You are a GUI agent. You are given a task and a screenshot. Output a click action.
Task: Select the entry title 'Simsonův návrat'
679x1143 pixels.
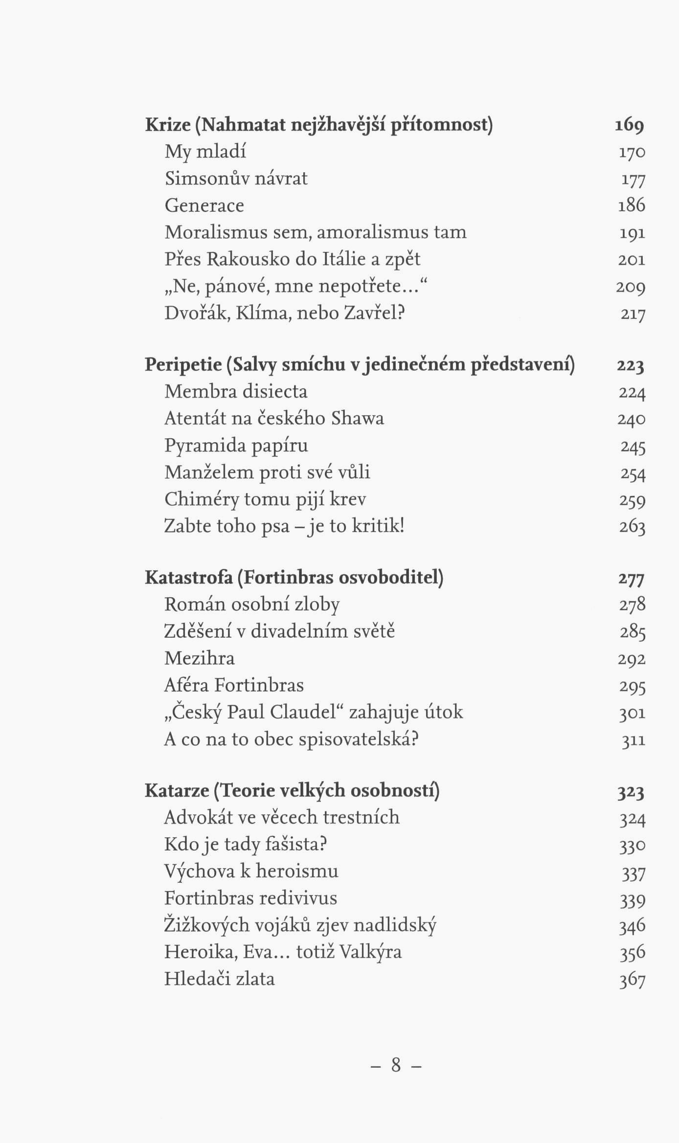[x=236, y=179]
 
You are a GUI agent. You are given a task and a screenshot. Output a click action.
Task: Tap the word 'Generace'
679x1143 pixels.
[x=204, y=205]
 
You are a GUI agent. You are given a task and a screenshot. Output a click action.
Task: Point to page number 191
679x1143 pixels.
[x=632, y=233]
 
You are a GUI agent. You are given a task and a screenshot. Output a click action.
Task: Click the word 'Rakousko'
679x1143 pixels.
[x=248, y=259]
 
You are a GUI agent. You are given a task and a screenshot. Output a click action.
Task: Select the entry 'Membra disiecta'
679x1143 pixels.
[x=236, y=392]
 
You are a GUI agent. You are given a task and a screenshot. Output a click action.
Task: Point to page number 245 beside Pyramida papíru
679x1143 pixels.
[x=633, y=447]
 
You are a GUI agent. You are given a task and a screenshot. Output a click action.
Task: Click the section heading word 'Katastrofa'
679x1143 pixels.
[x=188, y=578]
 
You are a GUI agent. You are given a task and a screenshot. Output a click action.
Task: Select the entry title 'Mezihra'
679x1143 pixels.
[x=199, y=658]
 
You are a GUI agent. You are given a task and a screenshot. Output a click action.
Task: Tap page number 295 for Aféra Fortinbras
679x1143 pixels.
[x=633, y=687]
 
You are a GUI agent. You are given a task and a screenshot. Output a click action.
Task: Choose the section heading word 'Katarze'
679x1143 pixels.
[x=176, y=790]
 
